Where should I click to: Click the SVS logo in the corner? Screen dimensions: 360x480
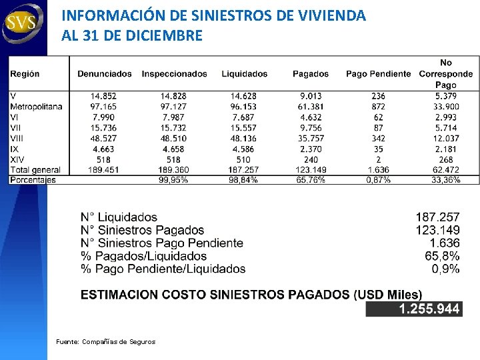(23, 23)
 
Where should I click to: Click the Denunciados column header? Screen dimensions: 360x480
(105, 74)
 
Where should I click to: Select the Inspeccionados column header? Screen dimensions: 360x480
(175, 74)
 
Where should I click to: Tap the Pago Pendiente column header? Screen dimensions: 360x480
(378, 74)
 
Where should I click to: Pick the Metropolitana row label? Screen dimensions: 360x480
(37, 107)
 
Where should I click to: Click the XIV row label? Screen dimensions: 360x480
(17, 160)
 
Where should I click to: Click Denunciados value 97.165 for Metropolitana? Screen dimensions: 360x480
(104, 107)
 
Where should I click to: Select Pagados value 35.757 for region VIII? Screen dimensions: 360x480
(311, 139)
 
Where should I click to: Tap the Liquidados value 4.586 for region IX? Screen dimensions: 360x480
(244, 149)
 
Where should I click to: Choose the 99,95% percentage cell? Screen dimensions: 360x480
(173, 180)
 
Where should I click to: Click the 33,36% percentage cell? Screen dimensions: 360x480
(446, 180)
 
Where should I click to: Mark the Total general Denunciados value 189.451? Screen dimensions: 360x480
(104, 170)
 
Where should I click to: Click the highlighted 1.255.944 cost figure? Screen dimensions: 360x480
(429, 309)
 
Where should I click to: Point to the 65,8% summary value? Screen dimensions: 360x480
(442, 256)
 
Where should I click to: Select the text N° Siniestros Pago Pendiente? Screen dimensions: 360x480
(162, 243)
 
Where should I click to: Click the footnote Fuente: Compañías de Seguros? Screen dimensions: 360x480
(105, 342)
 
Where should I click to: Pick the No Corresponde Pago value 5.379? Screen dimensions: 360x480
(446, 96)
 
